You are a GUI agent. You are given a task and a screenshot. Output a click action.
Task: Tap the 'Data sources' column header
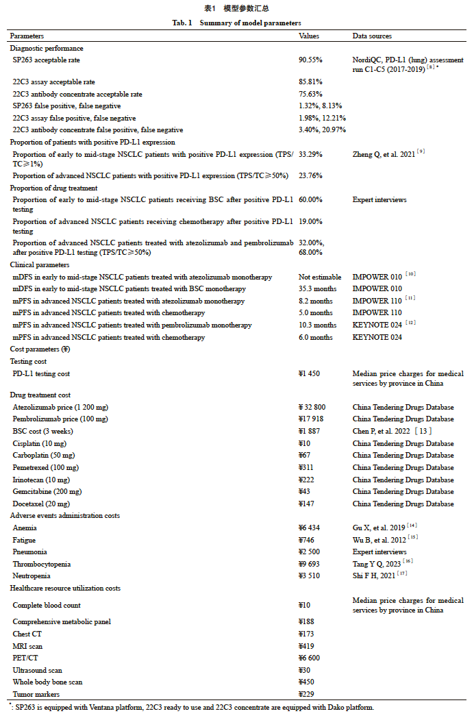pyautogui.click(x=372, y=36)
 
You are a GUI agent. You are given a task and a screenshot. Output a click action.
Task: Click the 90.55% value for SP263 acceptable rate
pyautogui.click(x=310, y=60)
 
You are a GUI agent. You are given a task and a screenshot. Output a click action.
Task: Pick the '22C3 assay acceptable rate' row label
pyautogui.click(x=53, y=82)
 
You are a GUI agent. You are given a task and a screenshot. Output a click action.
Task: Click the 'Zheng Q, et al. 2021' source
pyautogui.click(x=383, y=154)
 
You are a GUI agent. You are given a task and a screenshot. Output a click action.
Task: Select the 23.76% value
pyautogui.click(x=310, y=175)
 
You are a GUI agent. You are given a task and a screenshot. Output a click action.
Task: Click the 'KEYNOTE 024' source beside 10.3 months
pyautogui.click(x=377, y=325)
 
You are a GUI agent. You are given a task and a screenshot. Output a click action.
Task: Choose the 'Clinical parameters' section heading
pyautogui.click(x=40, y=264)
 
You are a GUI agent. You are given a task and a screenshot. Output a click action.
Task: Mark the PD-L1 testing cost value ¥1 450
pyautogui.click(x=309, y=374)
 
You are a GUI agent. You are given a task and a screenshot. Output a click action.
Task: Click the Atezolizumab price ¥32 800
pyautogui.click(x=312, y=407)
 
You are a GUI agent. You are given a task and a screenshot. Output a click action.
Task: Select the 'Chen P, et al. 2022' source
pyautogui.click(x=384, y=431)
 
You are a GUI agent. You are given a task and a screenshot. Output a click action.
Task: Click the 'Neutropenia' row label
pyautogui.click(x=32, y=576)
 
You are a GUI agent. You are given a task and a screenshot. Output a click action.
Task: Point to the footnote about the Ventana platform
pyautogui.click(x=192, y=707)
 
